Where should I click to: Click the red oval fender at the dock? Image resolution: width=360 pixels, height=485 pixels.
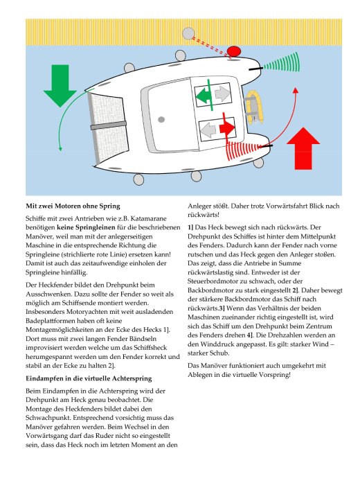click(x=234, y=51)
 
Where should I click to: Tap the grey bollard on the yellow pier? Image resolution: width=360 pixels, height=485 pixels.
click(x=188, y=33)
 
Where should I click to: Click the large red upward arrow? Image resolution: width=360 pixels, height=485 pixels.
click(x=303, y=148)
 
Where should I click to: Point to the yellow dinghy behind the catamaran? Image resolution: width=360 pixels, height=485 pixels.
click(x=254, y=107)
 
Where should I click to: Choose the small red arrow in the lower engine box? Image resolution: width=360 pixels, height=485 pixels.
click(x=227, y=127)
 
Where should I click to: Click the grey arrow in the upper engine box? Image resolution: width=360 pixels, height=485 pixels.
click(x=222, y=93)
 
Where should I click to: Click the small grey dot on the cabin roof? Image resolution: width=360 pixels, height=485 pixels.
click(x=161, y=119)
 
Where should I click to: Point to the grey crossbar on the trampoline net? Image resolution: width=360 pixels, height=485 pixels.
click(x=109, y=125)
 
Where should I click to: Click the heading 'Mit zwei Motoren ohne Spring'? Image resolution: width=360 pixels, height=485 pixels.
click(x=73, y=206)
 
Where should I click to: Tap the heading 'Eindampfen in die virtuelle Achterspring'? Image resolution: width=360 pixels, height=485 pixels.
click(x=89, y=378)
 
